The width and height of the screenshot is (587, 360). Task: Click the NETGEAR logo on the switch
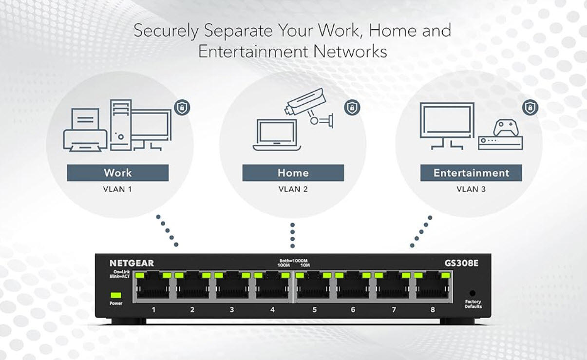pyautogui.click(x=132, y=264)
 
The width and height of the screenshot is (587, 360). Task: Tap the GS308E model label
pyautogui.click(x=461, y=264)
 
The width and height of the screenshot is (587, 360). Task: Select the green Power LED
pyautogui.click(x=116, y=295)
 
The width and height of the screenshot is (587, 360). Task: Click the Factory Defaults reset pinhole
pyautogui.click(x=472, y=294)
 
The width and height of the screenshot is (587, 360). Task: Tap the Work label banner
pyautogui.click(x=117, y=172)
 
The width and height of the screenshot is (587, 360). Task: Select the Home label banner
pyautogui.click(x=293, y=172)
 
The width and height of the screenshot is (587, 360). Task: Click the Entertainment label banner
pyautogui.click(x=471, y=173)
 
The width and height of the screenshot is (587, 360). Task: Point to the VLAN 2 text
pyautogui.click(x=293, y=189)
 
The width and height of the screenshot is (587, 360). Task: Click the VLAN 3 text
pyautogui.click(x=471, y=189)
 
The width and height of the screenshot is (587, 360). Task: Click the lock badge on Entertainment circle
pyautogui.click(x=530, y=107)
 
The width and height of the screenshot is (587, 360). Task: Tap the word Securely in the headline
pyautogui.click(x=166, y=31)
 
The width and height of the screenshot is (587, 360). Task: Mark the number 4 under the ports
pyautogui.click(x=272, y=309)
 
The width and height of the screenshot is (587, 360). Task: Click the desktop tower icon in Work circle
pyautogui.click(x=120, y=125)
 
